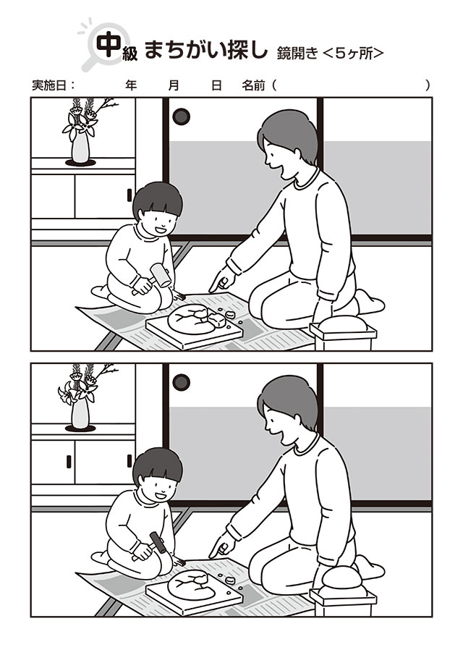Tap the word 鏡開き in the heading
pyautogui.click(x=297, y=54)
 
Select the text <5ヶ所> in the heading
pyautogui.click(x=353, y=54)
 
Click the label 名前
pyautogui.click(x=253, y=85)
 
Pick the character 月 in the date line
pyautogui.click(x=174, y=85)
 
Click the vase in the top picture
pyautogui.click(x=80, y=147)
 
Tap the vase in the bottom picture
pyautogui.click(x=80, y=413)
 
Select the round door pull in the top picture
pyautogui.click(x=181, y=117)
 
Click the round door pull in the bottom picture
pyautogui.click(x=181, y=382)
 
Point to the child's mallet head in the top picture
pyautogui.click(x=161, y=275)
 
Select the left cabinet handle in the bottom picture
pyautogui.click(x=69, y=461)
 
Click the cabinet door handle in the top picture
pyautogui.click(x=129, y=195)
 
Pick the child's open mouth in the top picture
pyautogui.click(x=161, y=229)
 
